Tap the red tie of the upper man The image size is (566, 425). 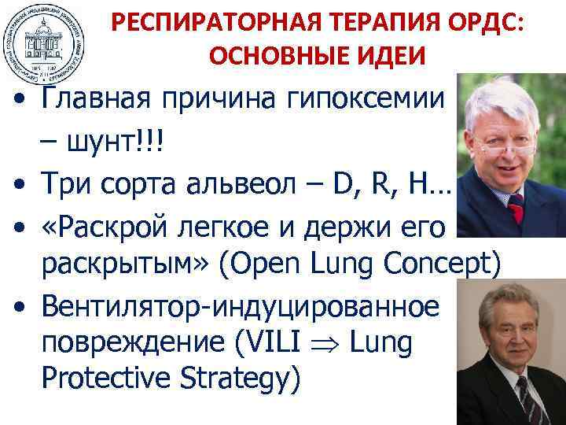(x=516, y=209)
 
